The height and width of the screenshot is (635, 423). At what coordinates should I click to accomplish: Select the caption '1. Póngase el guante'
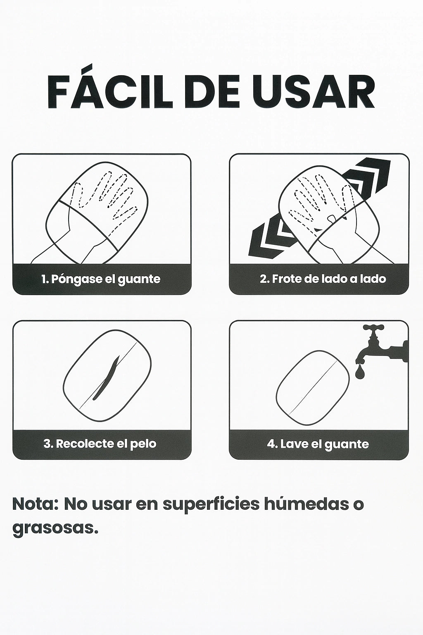[101, 279]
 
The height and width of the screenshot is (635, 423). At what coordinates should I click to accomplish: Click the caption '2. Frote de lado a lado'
[323, 279]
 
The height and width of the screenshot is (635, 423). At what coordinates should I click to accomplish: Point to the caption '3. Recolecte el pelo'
[100, 444]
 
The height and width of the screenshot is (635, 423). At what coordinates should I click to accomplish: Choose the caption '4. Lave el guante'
[318, 444]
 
